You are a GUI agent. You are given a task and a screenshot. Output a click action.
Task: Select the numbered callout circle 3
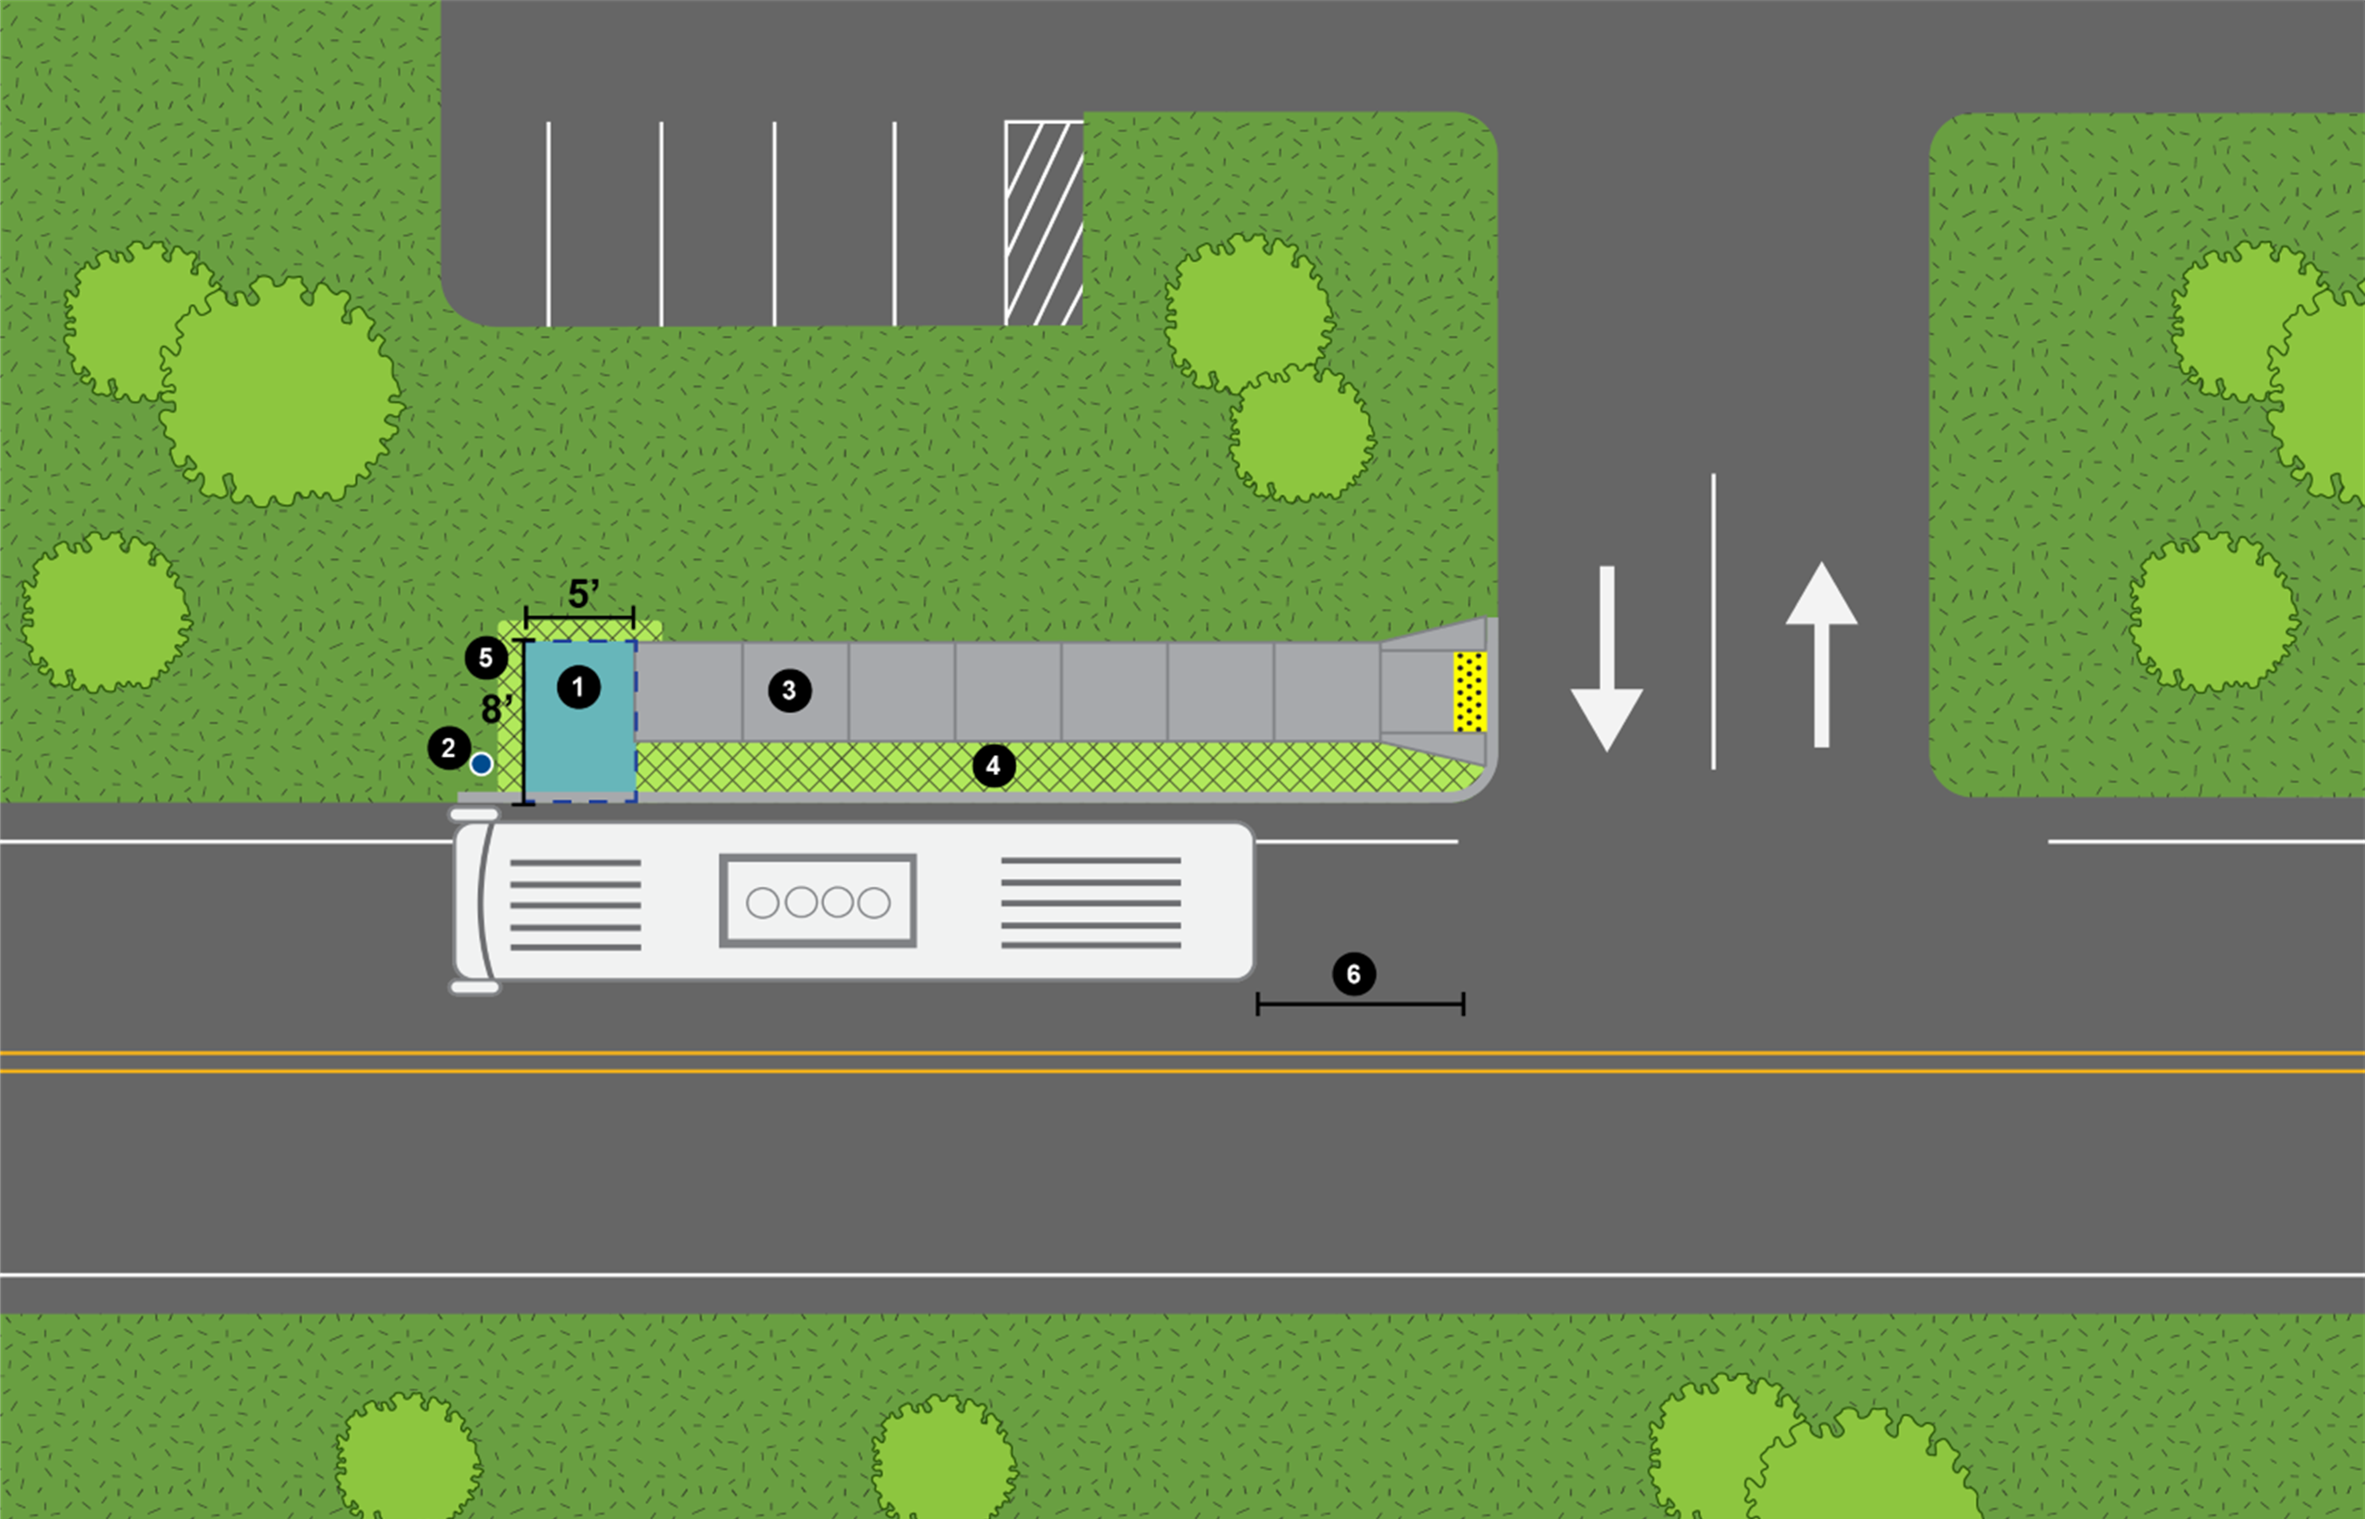pos(789,691)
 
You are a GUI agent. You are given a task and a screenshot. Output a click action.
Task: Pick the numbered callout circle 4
pos(993,766)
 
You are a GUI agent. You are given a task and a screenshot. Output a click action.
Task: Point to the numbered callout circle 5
pos(485,658)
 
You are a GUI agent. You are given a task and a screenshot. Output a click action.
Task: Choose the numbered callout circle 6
pos(1353,974)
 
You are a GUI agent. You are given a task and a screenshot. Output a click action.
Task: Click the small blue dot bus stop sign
pos(481,764)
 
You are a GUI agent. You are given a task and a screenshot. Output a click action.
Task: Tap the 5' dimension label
pos(583,594)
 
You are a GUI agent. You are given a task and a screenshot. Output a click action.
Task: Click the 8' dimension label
pos(496,708)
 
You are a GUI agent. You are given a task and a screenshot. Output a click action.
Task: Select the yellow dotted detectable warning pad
pos(1469,691)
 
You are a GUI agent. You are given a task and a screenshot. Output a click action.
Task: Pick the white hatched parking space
pos(1043,223)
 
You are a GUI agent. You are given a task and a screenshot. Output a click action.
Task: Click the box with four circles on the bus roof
pos(818,901)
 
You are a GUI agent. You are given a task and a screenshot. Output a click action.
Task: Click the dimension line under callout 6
pos(1360,1004)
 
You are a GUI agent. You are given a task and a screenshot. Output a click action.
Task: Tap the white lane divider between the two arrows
pos(1713,622)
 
